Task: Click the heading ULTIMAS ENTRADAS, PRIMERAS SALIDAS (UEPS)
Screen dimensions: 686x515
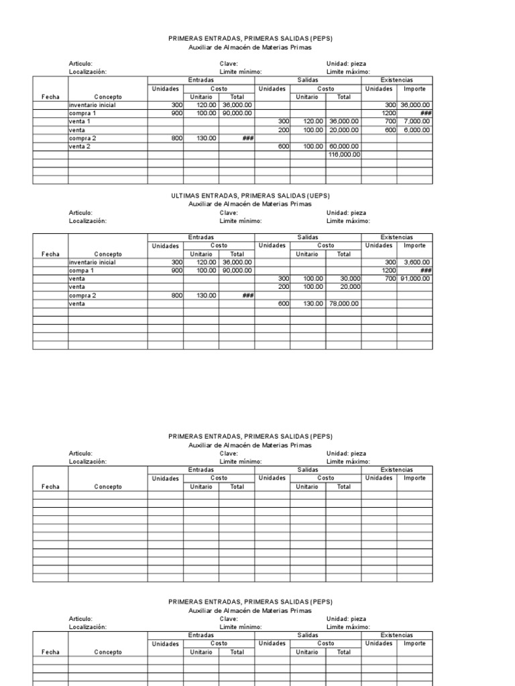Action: coord(250,196)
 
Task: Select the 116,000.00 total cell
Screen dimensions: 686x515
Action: coord(345,154)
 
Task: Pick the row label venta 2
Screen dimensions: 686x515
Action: coord(80,146)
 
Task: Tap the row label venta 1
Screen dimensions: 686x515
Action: coord(80,122)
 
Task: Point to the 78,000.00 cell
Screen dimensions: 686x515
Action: coord(345,303)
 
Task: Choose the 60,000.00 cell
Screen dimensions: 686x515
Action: coord(345,146)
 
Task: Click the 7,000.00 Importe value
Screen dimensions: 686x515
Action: coord(416,122)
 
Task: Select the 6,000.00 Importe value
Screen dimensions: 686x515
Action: coord(416,130)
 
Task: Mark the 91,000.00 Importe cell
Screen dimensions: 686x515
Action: coord(414,279)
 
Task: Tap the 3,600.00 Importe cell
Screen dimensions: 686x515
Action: coord(416,263)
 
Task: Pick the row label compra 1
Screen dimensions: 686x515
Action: coord(82,114)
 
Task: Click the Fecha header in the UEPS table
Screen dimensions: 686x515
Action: coord(50,254)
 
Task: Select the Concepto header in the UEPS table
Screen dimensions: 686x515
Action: coord(108,254)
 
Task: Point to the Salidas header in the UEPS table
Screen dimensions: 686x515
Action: coord(308,237)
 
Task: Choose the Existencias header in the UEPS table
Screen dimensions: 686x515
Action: coord(397,237)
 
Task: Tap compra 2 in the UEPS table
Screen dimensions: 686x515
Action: coord(82,295)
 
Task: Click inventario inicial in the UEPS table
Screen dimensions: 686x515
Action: coord(92,263)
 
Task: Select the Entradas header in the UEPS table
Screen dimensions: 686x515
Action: coord(201,237)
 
